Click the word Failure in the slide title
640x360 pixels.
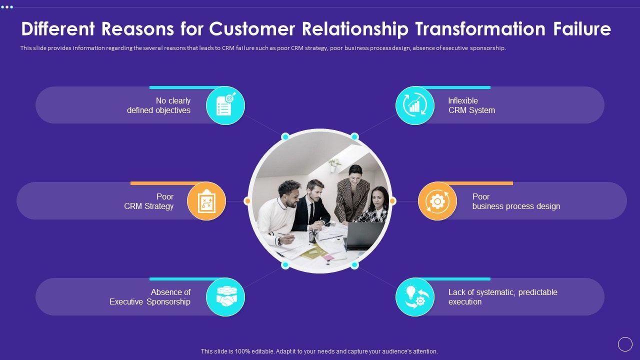click(581, 29)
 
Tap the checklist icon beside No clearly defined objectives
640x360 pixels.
click(225, 105)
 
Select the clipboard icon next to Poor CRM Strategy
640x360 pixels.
click(206, 201)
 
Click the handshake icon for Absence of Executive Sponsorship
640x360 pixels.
click(225, 297)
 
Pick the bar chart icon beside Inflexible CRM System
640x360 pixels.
click(415, 105)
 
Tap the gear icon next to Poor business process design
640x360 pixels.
click(437, 201)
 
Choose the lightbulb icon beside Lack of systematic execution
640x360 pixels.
click(415, 297)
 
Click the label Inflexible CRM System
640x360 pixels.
click(471, 105)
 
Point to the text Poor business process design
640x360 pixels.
click(515, 201)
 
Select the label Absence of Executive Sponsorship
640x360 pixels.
click(150, 297)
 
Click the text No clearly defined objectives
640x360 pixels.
click(159, 105)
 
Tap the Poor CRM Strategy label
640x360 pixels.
click(149, 201)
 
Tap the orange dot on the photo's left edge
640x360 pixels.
click(247, 201)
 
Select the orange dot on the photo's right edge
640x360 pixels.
click(392, 201)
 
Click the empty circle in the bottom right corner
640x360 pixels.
click(625, 344)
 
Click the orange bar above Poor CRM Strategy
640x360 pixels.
click(167, 183)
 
